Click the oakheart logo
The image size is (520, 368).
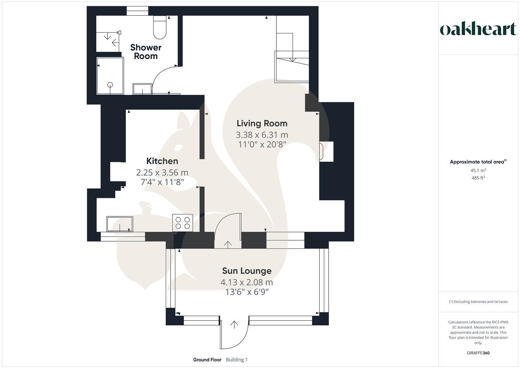pos(478,29)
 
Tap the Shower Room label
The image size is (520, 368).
pos(146,52)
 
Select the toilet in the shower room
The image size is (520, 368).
pos(160,28)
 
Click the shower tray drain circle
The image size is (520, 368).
pos(110,85)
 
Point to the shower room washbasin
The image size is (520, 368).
pos(142,89)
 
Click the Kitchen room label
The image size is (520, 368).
pos(162,161)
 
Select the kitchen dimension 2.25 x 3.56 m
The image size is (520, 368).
pos(162,172)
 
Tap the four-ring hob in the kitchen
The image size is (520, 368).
pos(183,223)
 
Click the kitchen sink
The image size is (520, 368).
pos(120,224)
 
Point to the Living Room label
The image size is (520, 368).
pos(262,123)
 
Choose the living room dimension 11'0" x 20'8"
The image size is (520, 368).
pos(262,144)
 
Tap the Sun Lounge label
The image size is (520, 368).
pos(247,271)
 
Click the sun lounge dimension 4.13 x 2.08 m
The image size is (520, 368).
pos(247,282)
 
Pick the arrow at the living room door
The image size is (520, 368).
pos(227,244)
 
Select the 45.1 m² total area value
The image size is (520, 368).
pos(478,170)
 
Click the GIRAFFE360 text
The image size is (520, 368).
pos(478,353)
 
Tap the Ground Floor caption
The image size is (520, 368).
pos(207,360)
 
